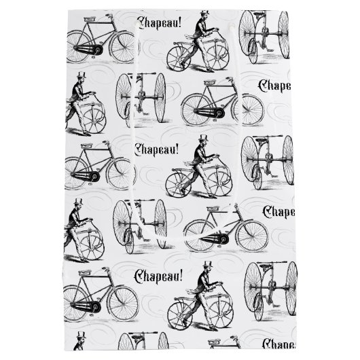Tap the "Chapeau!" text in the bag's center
pos(161,147)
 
